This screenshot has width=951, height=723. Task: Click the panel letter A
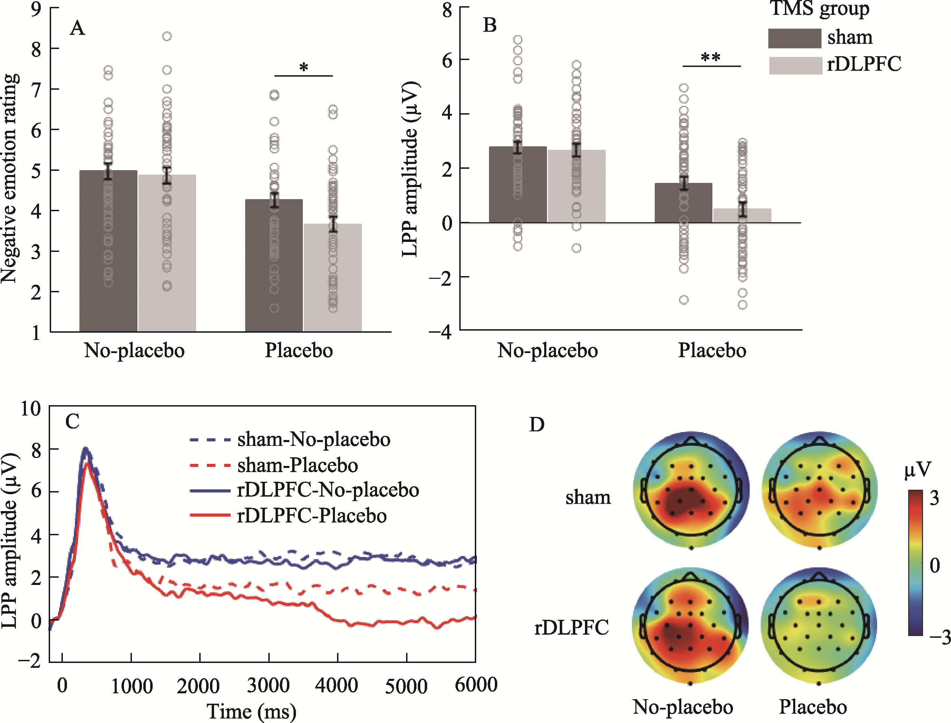[x=77, y=28]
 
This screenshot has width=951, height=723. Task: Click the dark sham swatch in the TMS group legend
[x=795, y=38]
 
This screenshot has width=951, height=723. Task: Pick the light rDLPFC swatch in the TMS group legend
[x=796, y=66]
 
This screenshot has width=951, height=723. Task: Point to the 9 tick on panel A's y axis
[x=36, y=9]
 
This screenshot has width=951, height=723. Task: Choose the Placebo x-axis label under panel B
[x=712, y=350]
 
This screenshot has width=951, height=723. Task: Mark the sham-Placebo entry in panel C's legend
[x=297, y=465]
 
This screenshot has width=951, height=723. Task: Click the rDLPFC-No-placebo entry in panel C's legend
[x=328, y=490]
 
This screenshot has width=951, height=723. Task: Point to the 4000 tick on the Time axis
[x=337, y=685]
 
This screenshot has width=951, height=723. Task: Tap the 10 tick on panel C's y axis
[x=31, y=408]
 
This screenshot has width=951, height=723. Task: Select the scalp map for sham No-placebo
[x=691, y=490]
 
